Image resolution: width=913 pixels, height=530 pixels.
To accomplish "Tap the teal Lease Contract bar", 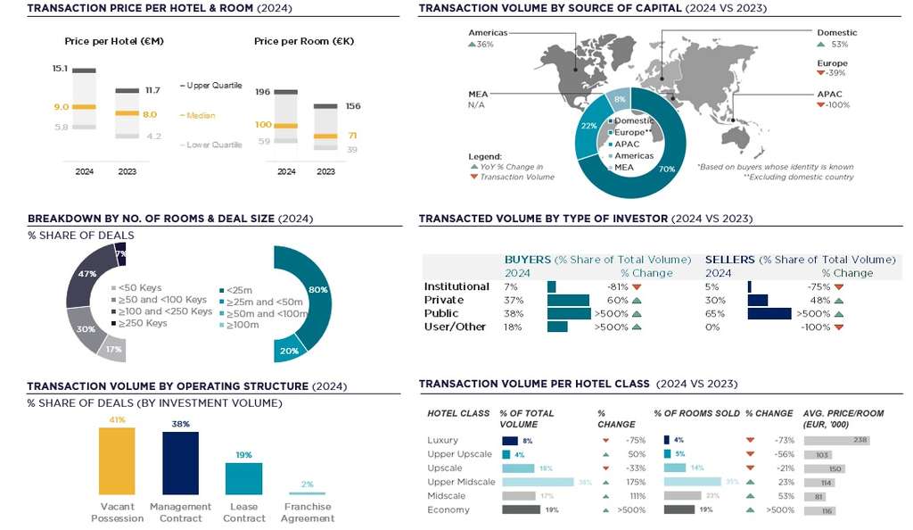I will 243,478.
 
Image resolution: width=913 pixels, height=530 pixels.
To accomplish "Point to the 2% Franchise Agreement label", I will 308,484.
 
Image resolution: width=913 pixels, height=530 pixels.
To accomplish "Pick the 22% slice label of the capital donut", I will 588,127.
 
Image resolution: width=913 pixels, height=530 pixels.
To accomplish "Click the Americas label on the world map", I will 489,33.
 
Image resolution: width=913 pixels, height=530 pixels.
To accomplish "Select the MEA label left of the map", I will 478,94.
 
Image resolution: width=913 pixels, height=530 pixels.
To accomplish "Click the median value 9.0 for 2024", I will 62,107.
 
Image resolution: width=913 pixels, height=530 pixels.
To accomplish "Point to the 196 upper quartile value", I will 262,92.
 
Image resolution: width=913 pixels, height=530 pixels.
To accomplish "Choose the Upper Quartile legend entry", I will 214,86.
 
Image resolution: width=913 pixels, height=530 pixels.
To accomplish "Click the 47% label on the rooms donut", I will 87,274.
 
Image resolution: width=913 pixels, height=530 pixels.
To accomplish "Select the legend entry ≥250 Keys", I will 144,324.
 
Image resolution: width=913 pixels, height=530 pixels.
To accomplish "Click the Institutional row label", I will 456,286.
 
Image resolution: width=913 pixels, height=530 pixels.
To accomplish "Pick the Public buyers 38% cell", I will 513,313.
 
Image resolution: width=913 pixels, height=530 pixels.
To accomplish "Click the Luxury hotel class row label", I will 443,440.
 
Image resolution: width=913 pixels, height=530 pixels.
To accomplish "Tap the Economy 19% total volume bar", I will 521,509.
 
